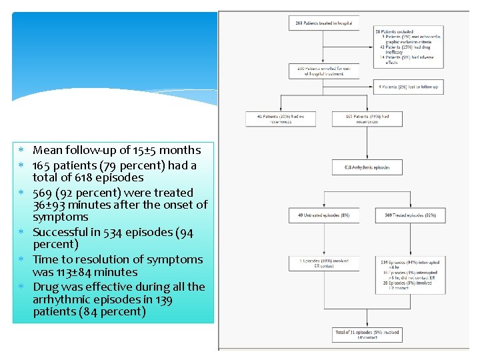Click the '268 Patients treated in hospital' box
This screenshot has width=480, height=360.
click(323, 23)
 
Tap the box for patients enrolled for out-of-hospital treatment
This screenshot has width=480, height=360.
click(323, 71)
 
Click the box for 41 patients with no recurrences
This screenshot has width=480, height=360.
click(281, 119)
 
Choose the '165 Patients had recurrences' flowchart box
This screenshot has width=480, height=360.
click(367, 119)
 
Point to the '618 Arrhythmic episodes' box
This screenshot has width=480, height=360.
click(367, 167)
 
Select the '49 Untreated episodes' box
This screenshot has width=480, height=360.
click(323, 215)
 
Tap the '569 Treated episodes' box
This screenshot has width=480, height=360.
click(409, 215)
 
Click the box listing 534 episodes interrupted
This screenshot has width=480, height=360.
click(409, 275)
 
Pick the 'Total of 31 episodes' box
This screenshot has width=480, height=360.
click(367, 334)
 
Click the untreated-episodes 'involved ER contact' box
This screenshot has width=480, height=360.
click(323, 263)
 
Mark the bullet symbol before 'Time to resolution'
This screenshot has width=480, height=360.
click(21, 260)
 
